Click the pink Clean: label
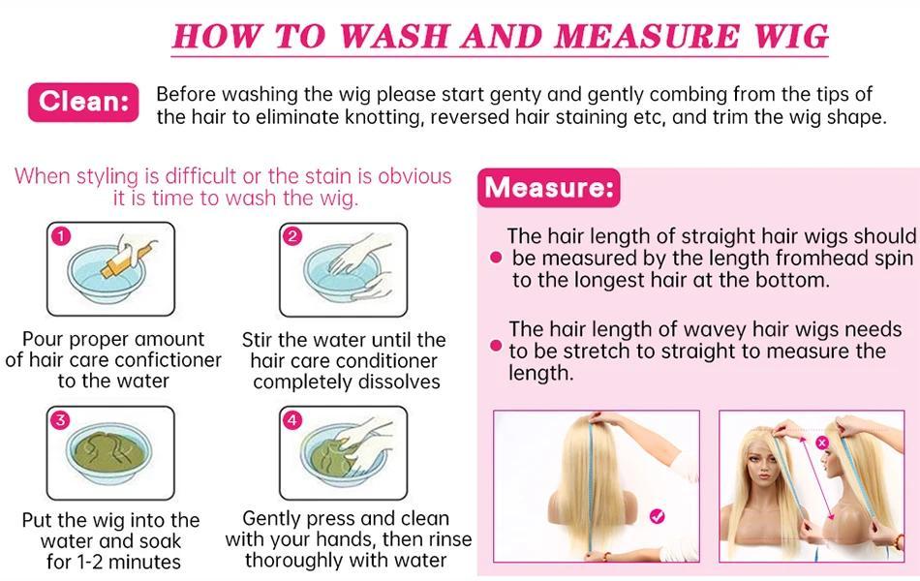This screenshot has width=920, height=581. [x=83, y=102]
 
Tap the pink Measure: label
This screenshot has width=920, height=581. [x=548, y=188]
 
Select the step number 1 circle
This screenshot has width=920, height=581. [x=61, y=236]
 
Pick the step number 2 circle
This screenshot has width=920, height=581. [x=292, y=236]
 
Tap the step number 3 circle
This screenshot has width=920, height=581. [x=60, y=420]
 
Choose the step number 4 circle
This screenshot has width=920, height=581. [x=292, y=420]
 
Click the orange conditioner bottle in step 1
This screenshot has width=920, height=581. [x=124, y=260]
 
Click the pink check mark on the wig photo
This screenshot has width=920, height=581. [x=658, y=516]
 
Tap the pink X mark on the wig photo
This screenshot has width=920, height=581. [x=822, y=443]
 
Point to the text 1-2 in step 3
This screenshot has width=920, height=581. [x=90, y=563]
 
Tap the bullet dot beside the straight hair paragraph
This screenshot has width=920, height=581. [x=496, y=257]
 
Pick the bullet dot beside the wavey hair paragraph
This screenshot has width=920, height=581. [x=496, y=345]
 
